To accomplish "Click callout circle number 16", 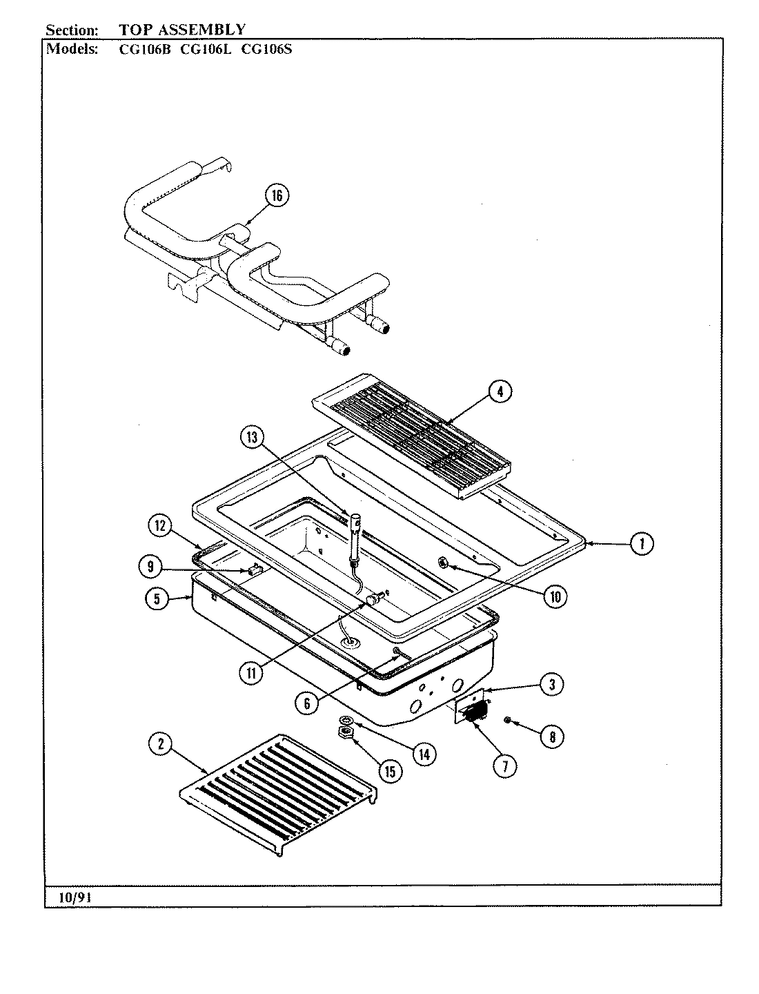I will point(276,196).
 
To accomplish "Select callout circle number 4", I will point(500,391).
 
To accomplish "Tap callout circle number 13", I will point(253,436).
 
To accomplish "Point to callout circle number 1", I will point(641,543).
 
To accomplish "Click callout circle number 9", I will point(150,567).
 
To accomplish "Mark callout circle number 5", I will point(157,599).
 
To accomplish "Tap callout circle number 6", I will point(307,702).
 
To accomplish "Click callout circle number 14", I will point(423,754).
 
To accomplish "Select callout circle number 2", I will point(161,743).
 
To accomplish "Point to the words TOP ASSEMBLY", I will point(182,30).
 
